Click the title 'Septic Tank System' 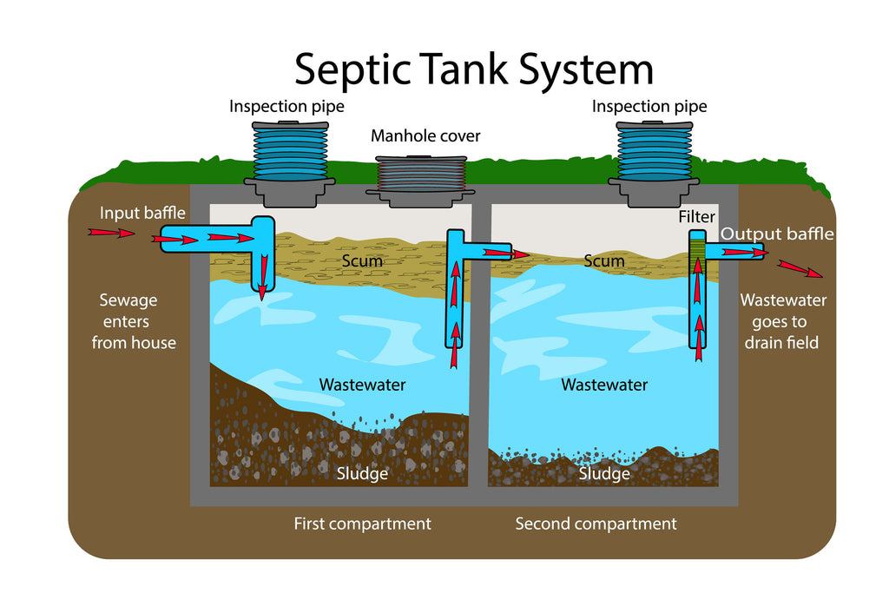tap(473, 69)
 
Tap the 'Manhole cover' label tap(425, 136)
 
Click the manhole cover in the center tap(420, 177)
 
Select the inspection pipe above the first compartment tap(289, 156)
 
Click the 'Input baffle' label tap(142, 214)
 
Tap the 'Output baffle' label tap(777, 234)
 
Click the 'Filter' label tap(696, 216)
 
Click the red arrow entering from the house tap(112, 233)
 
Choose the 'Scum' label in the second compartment tap(604, 260)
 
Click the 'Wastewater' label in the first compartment tap(362, 385)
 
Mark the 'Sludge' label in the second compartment tap(604, 474)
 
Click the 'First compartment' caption tap(362, 524)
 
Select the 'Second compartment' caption tap(596, 524)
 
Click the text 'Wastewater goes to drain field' tap(782, 321)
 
